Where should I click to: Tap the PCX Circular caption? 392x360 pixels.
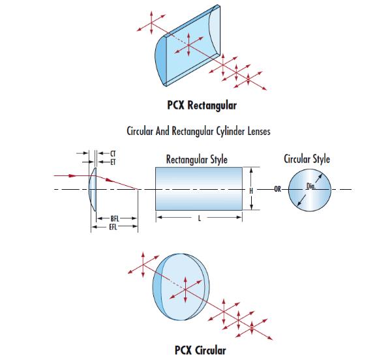[x=200, y=350]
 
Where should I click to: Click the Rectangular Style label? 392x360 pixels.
[x=196, y=159]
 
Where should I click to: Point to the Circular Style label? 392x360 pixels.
[x=307, y=158]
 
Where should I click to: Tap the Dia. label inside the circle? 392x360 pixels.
[x=312, y=187]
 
